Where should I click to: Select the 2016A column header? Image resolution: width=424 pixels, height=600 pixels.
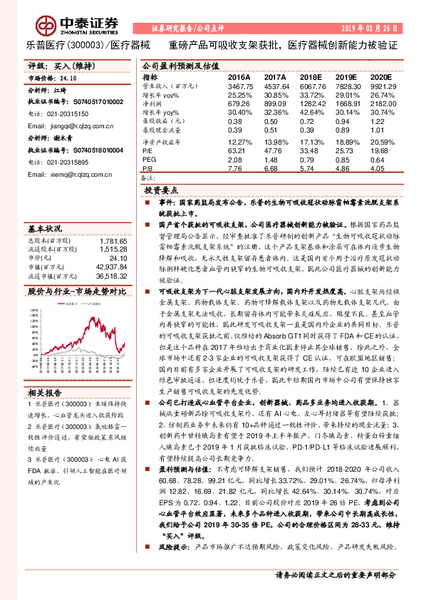pos(239,76)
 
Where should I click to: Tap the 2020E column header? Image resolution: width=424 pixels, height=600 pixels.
pos(381,76)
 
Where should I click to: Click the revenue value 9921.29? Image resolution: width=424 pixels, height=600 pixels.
pos(381,86)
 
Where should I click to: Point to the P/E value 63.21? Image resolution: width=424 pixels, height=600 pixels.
pos(238,150)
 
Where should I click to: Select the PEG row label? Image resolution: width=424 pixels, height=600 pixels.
pos(149,159)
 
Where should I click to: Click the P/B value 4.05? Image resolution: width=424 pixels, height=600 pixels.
pos(381,168)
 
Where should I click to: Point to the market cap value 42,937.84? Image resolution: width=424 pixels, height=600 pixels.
pos(108,266)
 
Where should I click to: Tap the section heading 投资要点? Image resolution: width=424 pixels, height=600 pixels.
pos(160,192)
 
